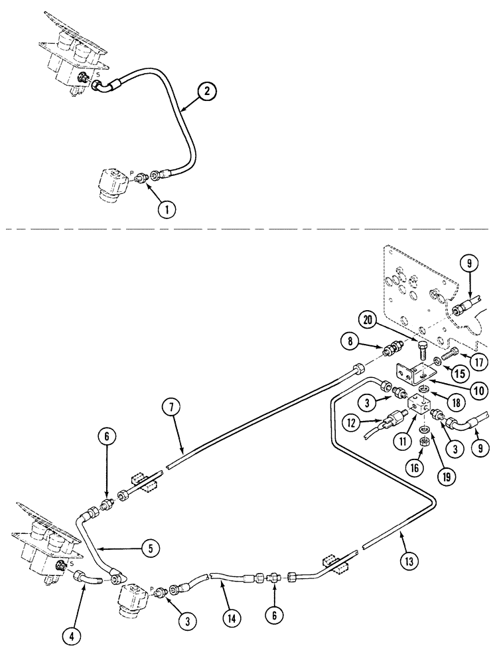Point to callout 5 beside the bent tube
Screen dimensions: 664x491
click(151, 548)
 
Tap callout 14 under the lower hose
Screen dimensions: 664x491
click(232, 618)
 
